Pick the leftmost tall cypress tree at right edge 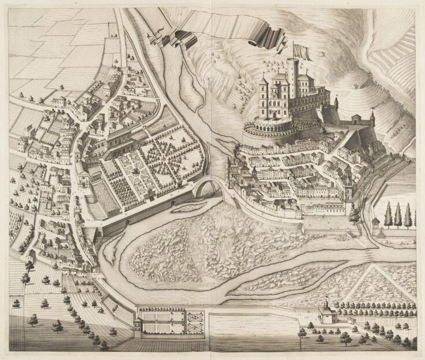coord(387,215)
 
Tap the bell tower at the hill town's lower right coord(349,194)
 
